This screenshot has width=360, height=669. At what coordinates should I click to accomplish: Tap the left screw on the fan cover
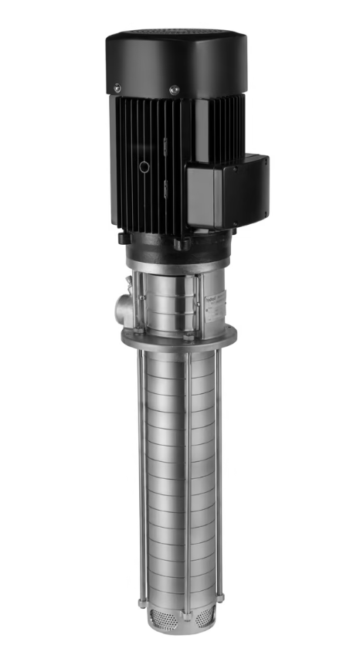pyautogui.click(x=117, y=87)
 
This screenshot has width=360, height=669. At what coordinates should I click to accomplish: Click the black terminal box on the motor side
pyautogui.click(x=229, y=188)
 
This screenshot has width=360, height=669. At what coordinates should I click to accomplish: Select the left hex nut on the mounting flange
pyautogui.click(x=140, y=331)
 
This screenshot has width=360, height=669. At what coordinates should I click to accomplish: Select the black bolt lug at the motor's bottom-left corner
pyautogui.click(x=124, y=238)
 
